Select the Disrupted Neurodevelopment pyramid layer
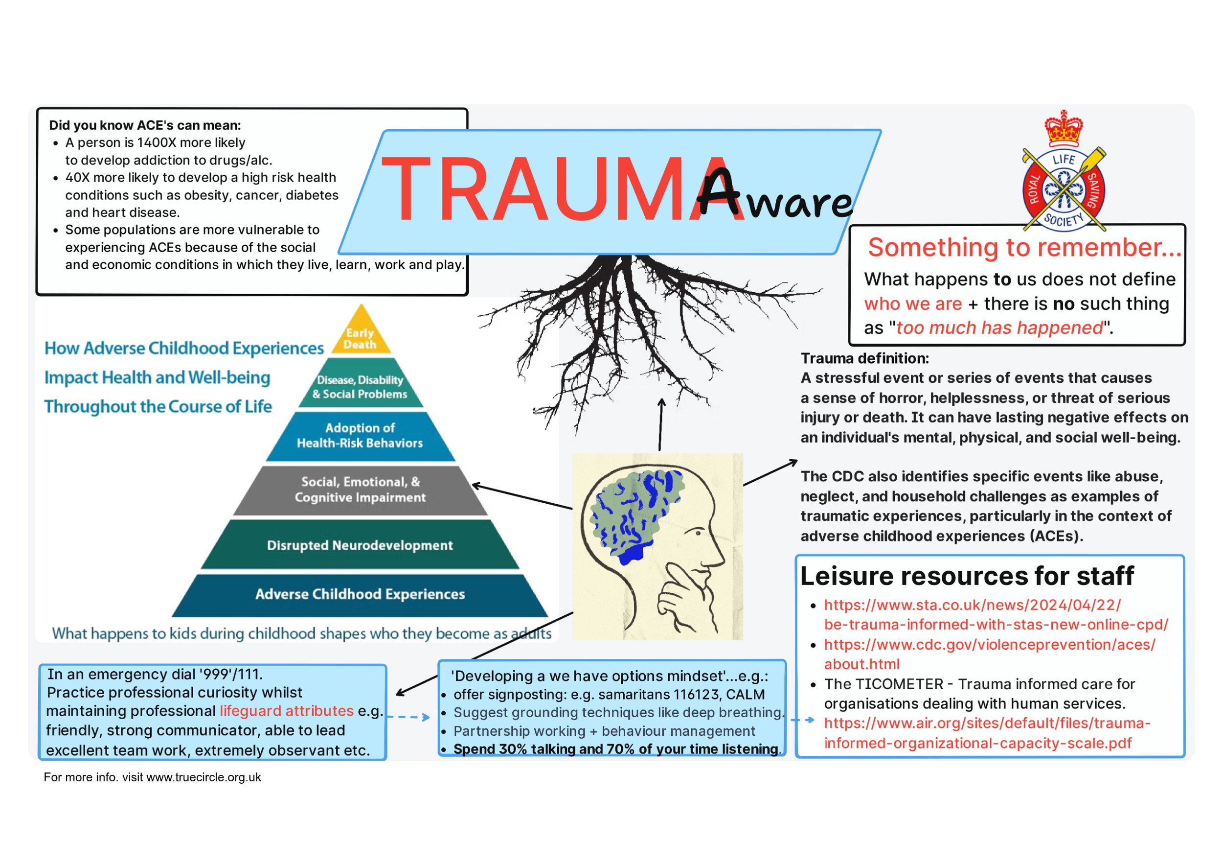point(360,545)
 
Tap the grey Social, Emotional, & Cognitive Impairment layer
point(360,489)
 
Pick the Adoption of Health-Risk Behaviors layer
point(360,435)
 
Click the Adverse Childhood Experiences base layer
point(360,594)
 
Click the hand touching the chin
point(682,597)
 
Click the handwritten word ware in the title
point(799,203)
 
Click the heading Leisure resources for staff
point(967,576)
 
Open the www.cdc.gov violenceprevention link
point(989,645)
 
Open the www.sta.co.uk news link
point(972,606)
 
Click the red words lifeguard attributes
point(287,711)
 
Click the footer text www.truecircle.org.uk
point(204,777)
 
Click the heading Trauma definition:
point(864,358)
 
